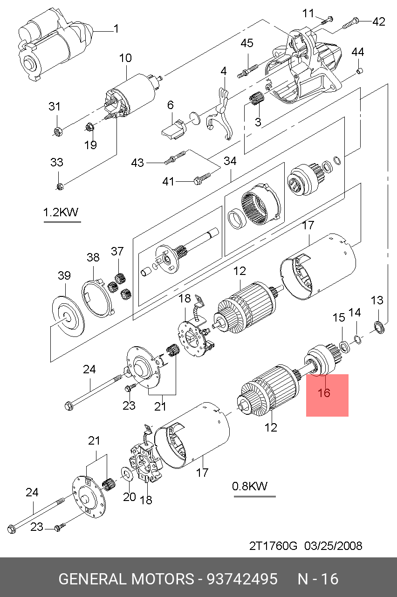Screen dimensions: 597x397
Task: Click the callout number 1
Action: coord(116,29)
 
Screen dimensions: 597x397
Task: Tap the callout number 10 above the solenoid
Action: coord(125,59)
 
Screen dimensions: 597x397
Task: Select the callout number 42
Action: coord(378,21)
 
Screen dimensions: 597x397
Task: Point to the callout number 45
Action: coord(246,43)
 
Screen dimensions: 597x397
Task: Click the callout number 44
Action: coord(357,52)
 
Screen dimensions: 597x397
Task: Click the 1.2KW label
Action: coord(61,213)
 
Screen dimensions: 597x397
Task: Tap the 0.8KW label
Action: coord(250,487)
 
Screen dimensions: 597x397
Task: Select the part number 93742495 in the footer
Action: coord(242,579)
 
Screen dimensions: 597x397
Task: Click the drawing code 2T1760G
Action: coord(273,546)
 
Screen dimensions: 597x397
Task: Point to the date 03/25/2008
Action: coord(333,546)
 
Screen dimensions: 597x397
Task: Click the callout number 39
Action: coord(64,275)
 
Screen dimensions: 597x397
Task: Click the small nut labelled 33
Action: coord(60,187)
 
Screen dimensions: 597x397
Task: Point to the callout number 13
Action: coord(376,300)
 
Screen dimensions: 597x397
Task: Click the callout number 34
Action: coord(230,161)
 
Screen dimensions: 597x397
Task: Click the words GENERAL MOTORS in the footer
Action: coord(126,579)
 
